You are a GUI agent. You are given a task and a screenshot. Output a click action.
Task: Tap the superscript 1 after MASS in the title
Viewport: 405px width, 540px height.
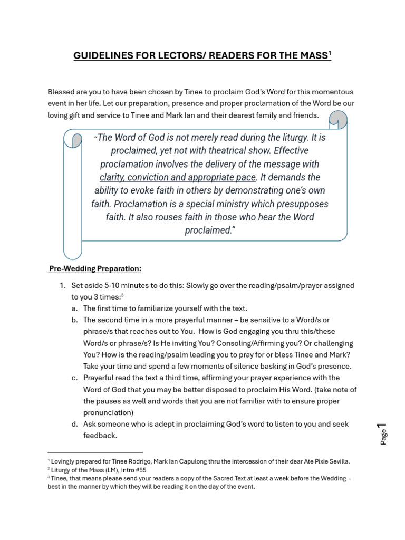(329, 54)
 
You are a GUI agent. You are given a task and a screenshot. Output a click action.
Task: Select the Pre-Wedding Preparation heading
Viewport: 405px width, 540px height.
(95, 268)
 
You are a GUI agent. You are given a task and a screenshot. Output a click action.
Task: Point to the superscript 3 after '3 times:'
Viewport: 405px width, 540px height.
(122, 295)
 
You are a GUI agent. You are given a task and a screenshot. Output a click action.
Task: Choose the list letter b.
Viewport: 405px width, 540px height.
(74, 320)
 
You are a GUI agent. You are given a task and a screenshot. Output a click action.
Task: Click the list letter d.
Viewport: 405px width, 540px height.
(74, 424)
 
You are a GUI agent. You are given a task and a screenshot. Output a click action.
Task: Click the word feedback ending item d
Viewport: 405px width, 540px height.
(99, 436)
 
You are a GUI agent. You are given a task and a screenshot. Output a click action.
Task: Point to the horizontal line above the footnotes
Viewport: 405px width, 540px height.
(95, 452)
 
